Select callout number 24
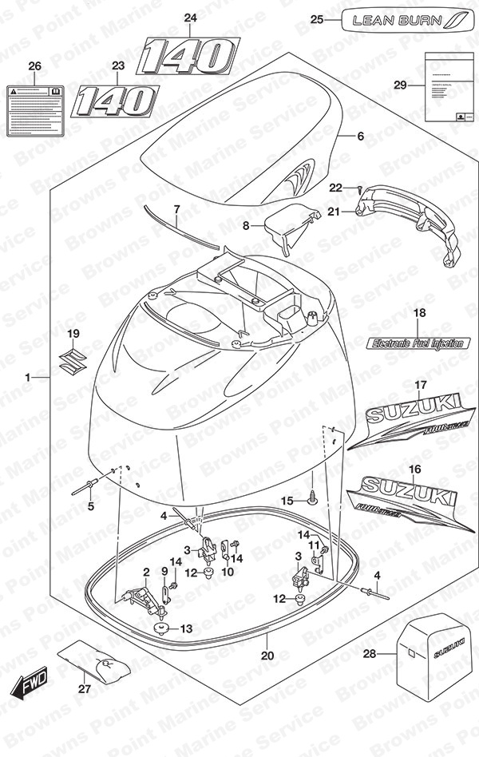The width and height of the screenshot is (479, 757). click(x=189, y=18)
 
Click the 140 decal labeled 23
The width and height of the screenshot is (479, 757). click(x=115, y=101)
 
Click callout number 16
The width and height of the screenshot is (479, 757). click(x=414, y=469)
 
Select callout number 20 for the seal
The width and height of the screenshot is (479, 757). click(x=267, y=656)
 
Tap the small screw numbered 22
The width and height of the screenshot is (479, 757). click(x=359, y=189)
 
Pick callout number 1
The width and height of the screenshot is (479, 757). click(x=29, y=375)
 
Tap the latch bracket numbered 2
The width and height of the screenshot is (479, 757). click(x=137, y=594)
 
